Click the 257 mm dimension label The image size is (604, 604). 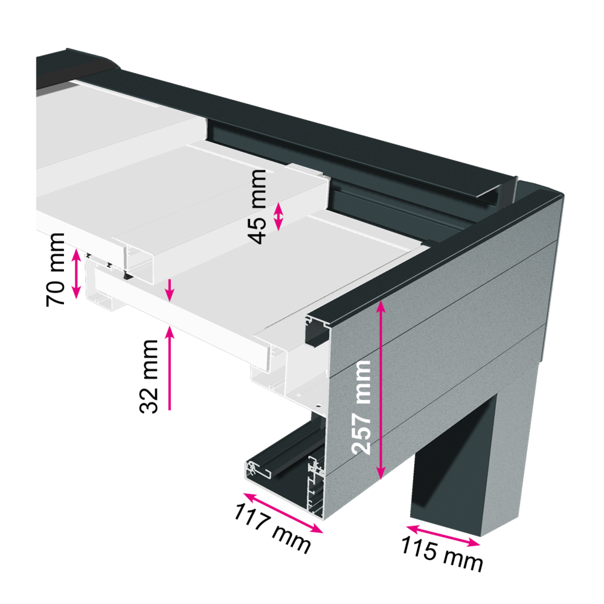[x=361, y=407]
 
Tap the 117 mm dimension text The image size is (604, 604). [x=273, y=528]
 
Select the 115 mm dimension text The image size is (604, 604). [x=442, y=554]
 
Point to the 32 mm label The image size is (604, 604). [x=149, y=376]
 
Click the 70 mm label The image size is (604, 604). [x=55, y=269]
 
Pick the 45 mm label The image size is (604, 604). [x=257, y=207]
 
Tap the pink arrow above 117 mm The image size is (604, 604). [x=283, y=513]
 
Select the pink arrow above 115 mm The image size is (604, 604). [x=443, y=535]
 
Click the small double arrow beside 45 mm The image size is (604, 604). [x=278, y=217]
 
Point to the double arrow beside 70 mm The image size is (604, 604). [x=76, y=274]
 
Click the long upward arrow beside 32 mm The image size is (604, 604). [x=170, y=367]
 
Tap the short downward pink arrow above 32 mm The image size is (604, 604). [x=170, y=290]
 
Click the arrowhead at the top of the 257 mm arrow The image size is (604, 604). [x=381, y=306]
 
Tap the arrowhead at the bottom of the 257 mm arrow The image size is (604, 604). [x=381, y=474]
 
